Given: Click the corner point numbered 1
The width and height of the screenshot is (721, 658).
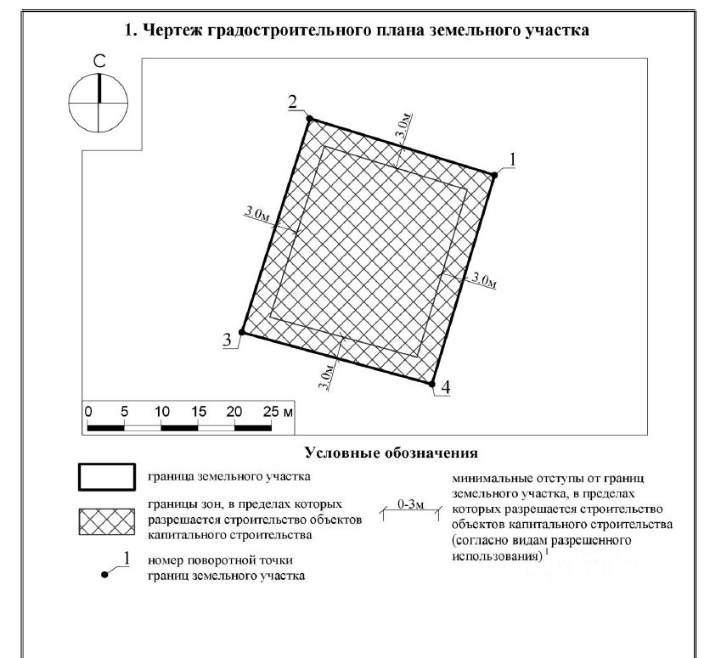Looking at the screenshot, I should (x=493, y=175).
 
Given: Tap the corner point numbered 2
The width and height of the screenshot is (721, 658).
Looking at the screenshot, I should (x=309, y=119).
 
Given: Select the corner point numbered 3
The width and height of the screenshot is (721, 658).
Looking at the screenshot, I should (x=242, y=333).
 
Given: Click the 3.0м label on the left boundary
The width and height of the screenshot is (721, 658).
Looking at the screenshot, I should (x=257, y=215).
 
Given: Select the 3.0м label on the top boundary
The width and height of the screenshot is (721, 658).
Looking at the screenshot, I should (x=405, y=128).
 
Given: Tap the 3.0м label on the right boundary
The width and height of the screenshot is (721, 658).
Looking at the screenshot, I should (x=482, y=279).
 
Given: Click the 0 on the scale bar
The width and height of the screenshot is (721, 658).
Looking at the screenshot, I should (x=88, y=410).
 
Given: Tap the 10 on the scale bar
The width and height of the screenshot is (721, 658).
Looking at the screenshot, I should (x=161, y=410).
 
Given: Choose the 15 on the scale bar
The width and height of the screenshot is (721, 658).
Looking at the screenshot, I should (x=198, y=410).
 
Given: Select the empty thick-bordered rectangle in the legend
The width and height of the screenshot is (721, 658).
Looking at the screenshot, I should (x=107, y=477).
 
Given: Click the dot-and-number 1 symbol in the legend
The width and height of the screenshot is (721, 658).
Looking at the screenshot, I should (x=115, y=567).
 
